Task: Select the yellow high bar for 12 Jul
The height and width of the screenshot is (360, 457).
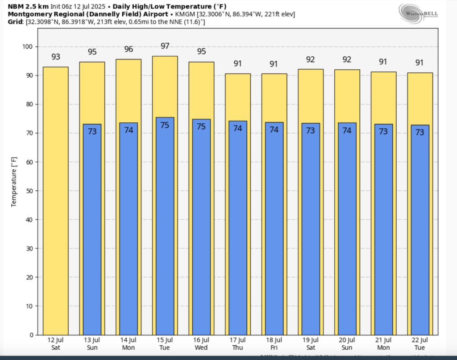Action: tap(55, 201)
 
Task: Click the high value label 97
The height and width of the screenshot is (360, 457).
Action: tap(165, 46)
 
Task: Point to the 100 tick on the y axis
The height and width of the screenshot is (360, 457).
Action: tap(27, 47)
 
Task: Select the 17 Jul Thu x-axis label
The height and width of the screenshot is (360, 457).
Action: tap(238, 344)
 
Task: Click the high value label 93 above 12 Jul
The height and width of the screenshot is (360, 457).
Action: tap(56, 57)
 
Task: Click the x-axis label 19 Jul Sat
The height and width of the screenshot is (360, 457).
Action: tap(311, 344)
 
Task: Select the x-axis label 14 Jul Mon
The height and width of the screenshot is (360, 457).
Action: tap(129, 344)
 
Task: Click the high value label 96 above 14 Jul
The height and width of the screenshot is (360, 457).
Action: tap(129, 49)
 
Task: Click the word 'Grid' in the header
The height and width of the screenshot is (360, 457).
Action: tap(16, 21)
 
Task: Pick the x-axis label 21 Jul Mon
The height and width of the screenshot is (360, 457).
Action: tap(383, 344)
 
